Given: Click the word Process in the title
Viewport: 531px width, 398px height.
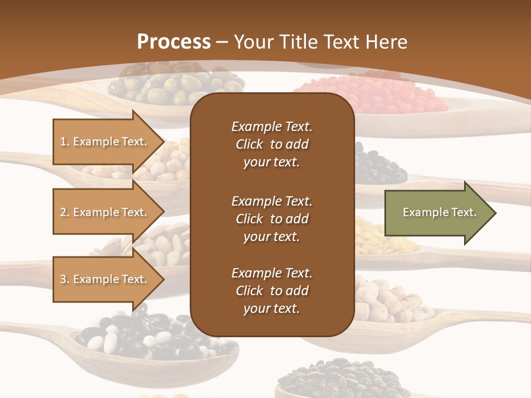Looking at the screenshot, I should tap(174, 42).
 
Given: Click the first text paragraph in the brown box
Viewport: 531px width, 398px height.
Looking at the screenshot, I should tap(272, 144).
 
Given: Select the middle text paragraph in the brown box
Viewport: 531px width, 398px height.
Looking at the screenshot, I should tap(272, 219).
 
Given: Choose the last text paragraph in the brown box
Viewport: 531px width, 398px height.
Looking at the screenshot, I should tap(272, 291).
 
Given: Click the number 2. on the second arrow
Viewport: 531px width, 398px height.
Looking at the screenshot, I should tap(65, 212).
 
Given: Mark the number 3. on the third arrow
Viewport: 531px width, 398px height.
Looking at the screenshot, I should tap(65, 279).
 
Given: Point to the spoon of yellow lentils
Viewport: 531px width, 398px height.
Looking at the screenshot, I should tap(382, 238).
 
